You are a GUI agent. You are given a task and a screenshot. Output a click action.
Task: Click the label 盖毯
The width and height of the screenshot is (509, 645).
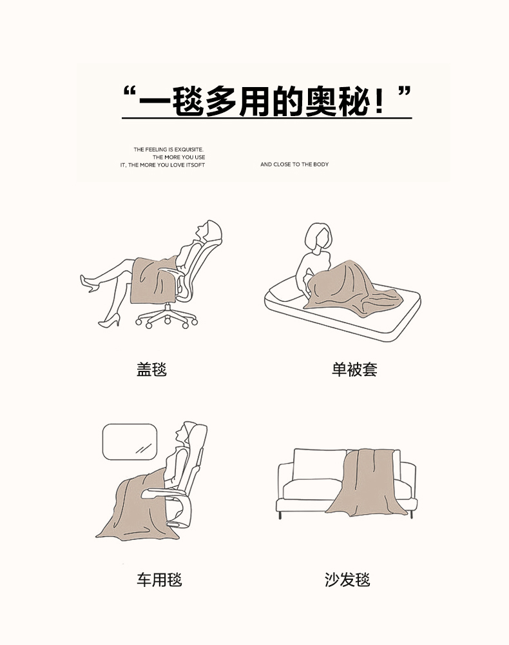click(x=151, y=369)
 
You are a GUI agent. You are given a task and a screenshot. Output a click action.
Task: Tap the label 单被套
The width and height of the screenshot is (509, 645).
click(x=354, y=369)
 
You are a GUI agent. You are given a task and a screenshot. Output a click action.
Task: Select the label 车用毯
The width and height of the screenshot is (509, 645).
click(x=159, y=580)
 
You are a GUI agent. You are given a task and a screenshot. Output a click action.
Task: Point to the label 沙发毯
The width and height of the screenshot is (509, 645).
click(x=347, y=580)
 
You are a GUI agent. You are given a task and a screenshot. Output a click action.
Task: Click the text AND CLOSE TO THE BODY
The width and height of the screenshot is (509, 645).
click(x=294, y=164)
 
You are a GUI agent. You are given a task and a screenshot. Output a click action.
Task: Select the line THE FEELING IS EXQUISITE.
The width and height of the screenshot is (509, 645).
click(x=168, y=150)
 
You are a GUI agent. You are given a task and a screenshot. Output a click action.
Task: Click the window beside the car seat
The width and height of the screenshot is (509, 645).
click(x=130, y=442)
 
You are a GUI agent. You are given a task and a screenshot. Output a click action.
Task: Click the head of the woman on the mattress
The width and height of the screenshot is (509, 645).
click(x=318, y=238)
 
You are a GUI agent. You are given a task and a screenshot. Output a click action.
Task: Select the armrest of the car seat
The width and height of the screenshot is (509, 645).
click(x=164, y=492)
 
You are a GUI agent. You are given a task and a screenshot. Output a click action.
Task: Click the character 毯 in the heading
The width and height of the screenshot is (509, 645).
click(x=187, y=101)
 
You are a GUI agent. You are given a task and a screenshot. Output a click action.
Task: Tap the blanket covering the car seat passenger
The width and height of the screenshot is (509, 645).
click(x=138, y=506)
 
